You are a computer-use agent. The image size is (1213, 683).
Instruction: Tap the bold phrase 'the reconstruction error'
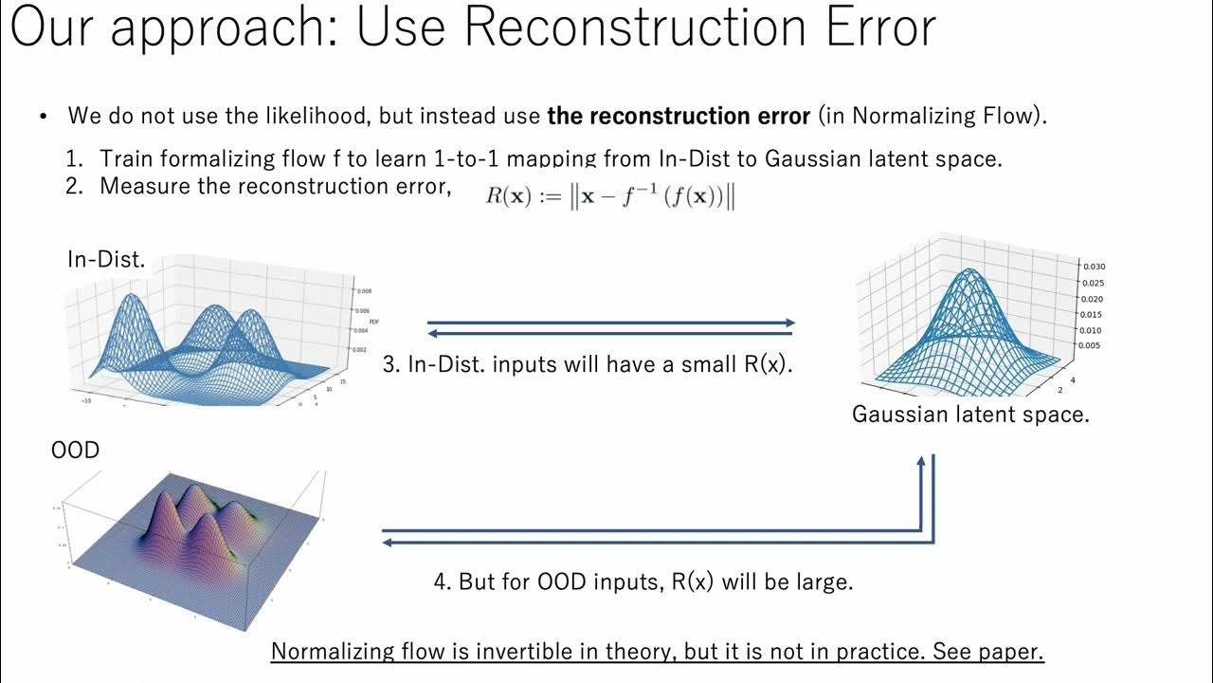click(679, 117)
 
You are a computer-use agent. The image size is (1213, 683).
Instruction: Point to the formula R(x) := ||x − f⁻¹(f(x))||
click(611, 197)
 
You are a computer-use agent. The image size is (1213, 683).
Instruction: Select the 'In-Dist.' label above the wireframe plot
click(106, 259)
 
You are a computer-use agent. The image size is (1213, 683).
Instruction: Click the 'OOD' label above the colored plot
click(75, 450)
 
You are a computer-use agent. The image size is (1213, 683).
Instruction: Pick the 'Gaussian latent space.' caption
click(970, 415)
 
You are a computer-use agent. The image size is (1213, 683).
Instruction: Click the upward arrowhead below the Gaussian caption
click(920, 462)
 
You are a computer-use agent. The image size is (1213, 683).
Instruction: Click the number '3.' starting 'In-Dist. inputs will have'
click(391, 364)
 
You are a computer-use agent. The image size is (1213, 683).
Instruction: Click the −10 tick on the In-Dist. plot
click(87, 401)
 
